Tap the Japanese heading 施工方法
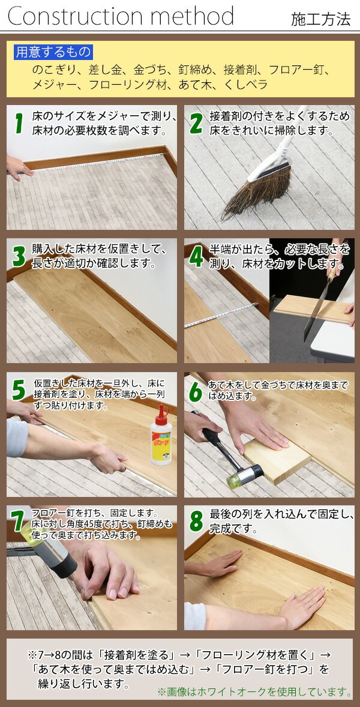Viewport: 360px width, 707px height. click(320, 19)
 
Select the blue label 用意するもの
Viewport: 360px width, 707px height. click(53, 52)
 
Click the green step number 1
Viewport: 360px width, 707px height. click(19, 124)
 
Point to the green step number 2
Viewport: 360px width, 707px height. click(196, 124)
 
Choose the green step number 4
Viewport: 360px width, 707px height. click(196, 256)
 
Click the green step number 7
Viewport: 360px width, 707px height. click(19, 521)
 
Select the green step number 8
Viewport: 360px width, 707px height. click(196, 521)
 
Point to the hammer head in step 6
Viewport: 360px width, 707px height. click(245, 476)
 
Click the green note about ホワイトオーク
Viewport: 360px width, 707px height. click(254, 691)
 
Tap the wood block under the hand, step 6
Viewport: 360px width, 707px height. click(277, 460)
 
